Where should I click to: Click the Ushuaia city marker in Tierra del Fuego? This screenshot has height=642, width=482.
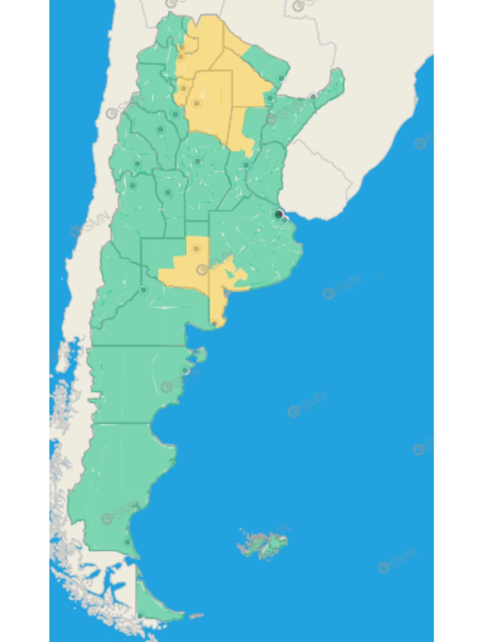(x=140, y=616)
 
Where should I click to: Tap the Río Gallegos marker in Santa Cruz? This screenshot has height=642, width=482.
(x=128, y=542)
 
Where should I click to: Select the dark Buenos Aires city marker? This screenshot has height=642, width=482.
(x=278, y=214)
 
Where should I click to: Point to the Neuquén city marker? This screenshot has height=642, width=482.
(x=143, y=290)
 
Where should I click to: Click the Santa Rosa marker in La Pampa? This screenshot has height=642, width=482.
(x=196, y=249)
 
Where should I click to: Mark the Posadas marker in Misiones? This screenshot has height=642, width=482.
(x=313, y=96)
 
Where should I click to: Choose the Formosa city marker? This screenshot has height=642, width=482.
(x=281, y=78)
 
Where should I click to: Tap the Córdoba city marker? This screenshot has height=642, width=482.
(x=198, y=162)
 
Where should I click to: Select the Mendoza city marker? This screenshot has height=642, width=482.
(x=133, y=185)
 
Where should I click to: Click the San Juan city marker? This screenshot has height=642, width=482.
(x=137, y=163)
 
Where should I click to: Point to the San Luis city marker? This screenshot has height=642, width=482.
(x=168, y=193)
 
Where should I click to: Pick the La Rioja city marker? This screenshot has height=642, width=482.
(x=161, y=129)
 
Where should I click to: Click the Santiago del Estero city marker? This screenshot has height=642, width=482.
(x=196, y=104)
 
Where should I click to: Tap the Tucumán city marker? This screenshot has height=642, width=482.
(x=184, y=88)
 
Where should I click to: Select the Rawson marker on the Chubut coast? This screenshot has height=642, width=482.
(x=185, y=370)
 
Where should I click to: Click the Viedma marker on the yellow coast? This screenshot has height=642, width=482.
(x=215, y=323)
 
